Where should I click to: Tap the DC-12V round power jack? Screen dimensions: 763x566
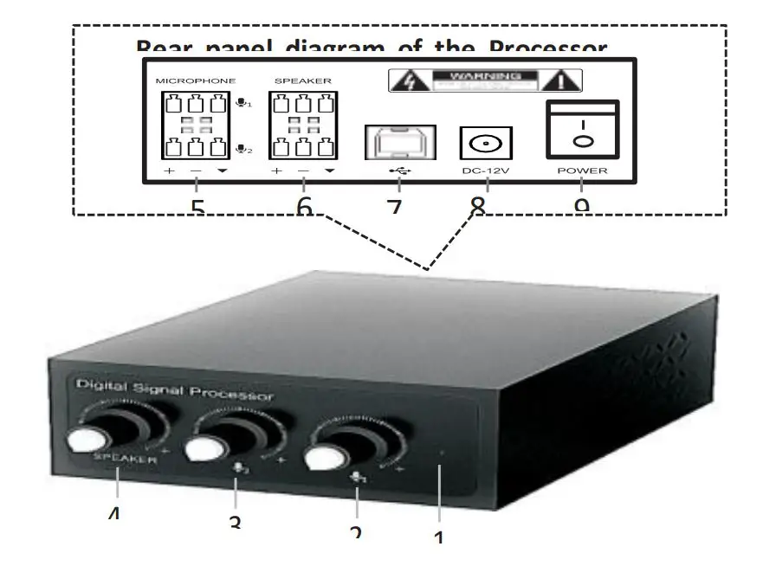point(486,143)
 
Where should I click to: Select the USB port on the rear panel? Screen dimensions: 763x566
point(394,142)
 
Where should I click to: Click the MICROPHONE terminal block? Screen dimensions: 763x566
point(194,125)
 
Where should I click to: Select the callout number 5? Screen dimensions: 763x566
point(197,208)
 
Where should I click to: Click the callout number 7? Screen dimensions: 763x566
point(394,208)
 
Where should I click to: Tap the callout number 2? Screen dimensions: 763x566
point(356,532)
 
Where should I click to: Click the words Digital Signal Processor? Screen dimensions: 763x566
point(173,391)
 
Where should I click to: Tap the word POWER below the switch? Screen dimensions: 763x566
point(582,170)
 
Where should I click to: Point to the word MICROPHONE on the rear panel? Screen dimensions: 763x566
point(195,80)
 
